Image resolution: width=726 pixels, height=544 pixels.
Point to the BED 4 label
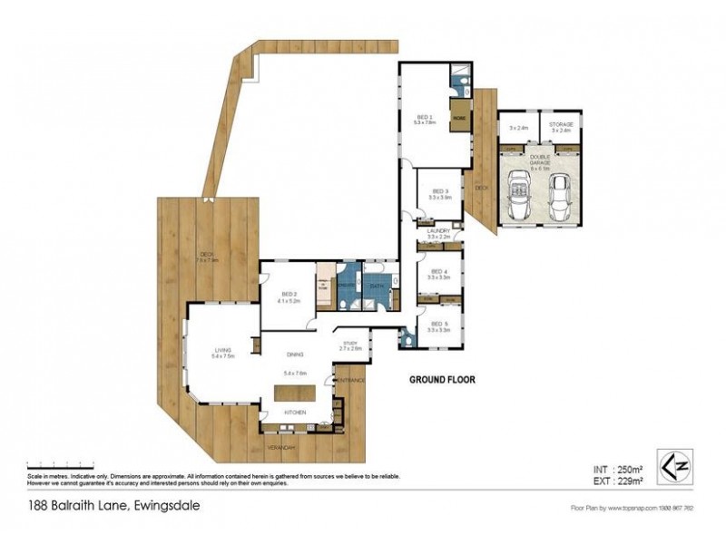439,271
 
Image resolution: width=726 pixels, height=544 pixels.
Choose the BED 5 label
439,325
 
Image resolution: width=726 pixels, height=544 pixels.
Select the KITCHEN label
294,413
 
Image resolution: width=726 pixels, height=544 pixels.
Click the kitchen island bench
295,393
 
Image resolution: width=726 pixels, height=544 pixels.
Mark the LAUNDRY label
438,232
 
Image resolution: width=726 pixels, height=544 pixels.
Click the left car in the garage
522,196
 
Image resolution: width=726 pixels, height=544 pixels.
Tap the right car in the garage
561,196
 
